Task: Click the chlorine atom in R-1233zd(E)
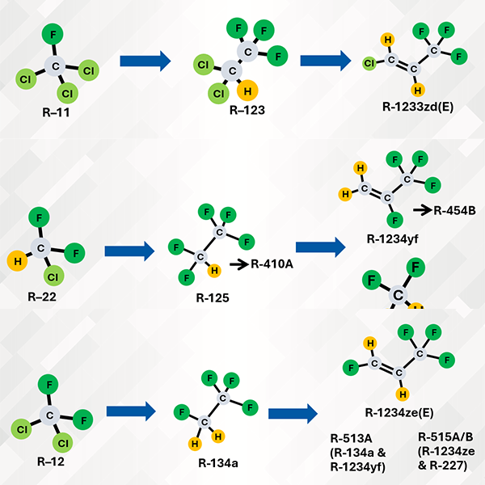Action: pyautogui.click(x=369, y=61)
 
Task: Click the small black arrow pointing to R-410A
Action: pyautogui.click(x=240, y=263)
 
